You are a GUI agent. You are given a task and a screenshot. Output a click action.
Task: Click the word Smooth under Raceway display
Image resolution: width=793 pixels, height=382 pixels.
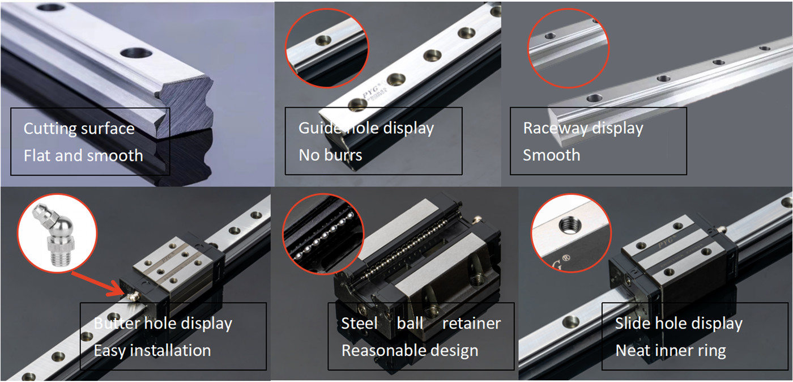(552, 155)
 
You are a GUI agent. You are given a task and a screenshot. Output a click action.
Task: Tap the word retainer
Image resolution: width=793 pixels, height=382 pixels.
(471, 323)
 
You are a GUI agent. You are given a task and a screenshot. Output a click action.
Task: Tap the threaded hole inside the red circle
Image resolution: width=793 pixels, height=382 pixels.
(570, 225)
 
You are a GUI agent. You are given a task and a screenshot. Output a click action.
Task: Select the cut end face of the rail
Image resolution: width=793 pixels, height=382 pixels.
(186, 107)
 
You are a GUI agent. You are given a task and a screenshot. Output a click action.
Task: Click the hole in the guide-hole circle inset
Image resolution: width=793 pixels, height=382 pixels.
(323, 40)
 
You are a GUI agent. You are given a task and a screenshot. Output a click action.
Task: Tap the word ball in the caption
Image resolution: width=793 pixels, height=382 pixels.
(410, 323)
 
